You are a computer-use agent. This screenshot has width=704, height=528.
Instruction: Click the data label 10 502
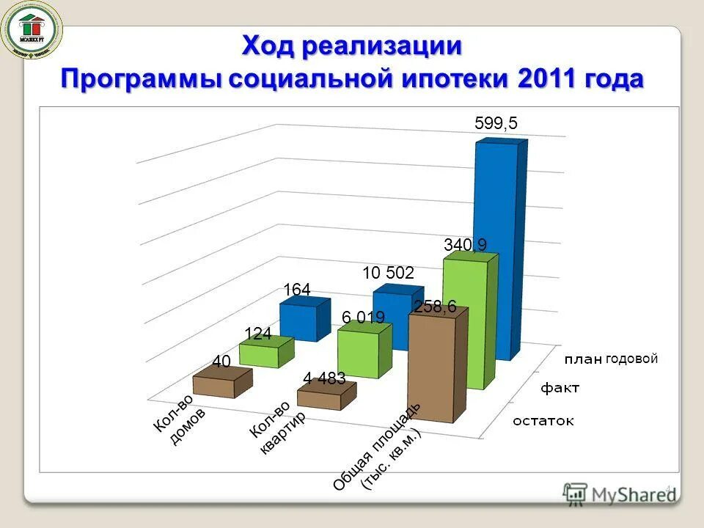click(x=388, y=274)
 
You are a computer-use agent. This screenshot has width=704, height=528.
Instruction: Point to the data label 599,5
click(x=496, y=124)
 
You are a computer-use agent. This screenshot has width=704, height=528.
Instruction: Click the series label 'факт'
click(x=560, y=388)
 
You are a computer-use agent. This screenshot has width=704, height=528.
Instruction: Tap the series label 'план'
click(x=583, y=359)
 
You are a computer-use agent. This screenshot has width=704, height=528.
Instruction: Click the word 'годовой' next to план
click(x=631, y=359)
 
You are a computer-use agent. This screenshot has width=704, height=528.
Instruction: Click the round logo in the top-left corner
click(x=31, y=30)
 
